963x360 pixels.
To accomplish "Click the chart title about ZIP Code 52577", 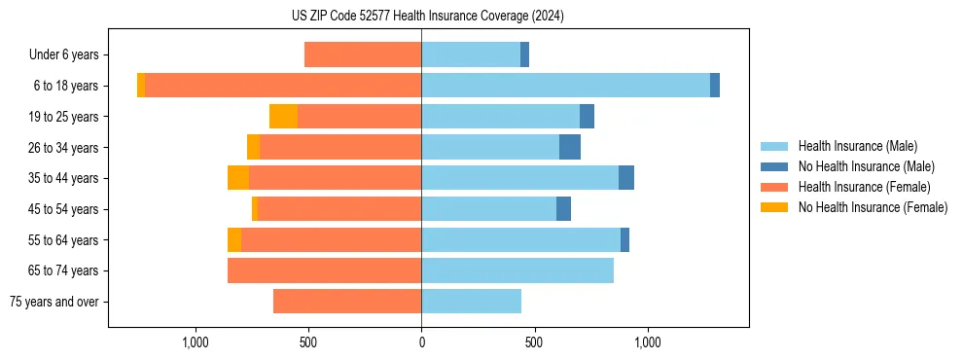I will coord(421,16).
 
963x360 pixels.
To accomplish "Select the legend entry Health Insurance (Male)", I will coord(857,146).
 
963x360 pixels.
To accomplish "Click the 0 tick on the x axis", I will coord(421,342).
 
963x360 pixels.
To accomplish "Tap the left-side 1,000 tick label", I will coord(196,342).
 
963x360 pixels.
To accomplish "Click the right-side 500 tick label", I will coord(534,342).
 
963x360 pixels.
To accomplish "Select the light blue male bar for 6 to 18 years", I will coord(565,86).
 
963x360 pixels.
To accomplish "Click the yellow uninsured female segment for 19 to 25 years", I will coord(283,117).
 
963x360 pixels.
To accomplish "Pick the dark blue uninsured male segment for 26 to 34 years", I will coord(570,147).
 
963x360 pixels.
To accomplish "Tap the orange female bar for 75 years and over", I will coord(347,302).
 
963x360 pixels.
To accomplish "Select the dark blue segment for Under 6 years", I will coord(524,54).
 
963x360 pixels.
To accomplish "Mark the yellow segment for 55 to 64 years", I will coord(234,239).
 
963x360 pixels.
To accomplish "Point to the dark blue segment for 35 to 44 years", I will coord(626,178).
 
